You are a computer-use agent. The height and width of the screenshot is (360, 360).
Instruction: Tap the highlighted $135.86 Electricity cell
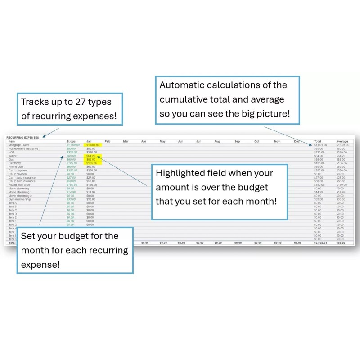[x=92, y=163]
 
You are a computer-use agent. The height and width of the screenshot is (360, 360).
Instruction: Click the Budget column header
[x=72, y=142]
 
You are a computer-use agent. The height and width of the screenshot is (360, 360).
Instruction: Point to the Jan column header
[x=89, y=142]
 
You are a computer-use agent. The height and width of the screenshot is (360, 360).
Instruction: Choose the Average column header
[x=342, y=142]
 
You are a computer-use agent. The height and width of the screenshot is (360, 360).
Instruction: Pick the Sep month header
[x=237, y=142]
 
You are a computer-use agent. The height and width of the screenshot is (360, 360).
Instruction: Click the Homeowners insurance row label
[x=23, y=148]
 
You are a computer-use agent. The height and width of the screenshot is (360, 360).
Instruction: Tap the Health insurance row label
[x=20, y=184]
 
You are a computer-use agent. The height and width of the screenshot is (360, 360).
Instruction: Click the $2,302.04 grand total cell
[x=320, y=243]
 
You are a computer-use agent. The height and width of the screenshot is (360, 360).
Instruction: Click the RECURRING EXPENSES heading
[x=22, y=137]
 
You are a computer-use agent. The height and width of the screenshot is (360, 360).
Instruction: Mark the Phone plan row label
[x=17, y=166]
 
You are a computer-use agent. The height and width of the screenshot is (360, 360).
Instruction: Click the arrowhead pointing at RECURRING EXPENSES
[x=44, y=136]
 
